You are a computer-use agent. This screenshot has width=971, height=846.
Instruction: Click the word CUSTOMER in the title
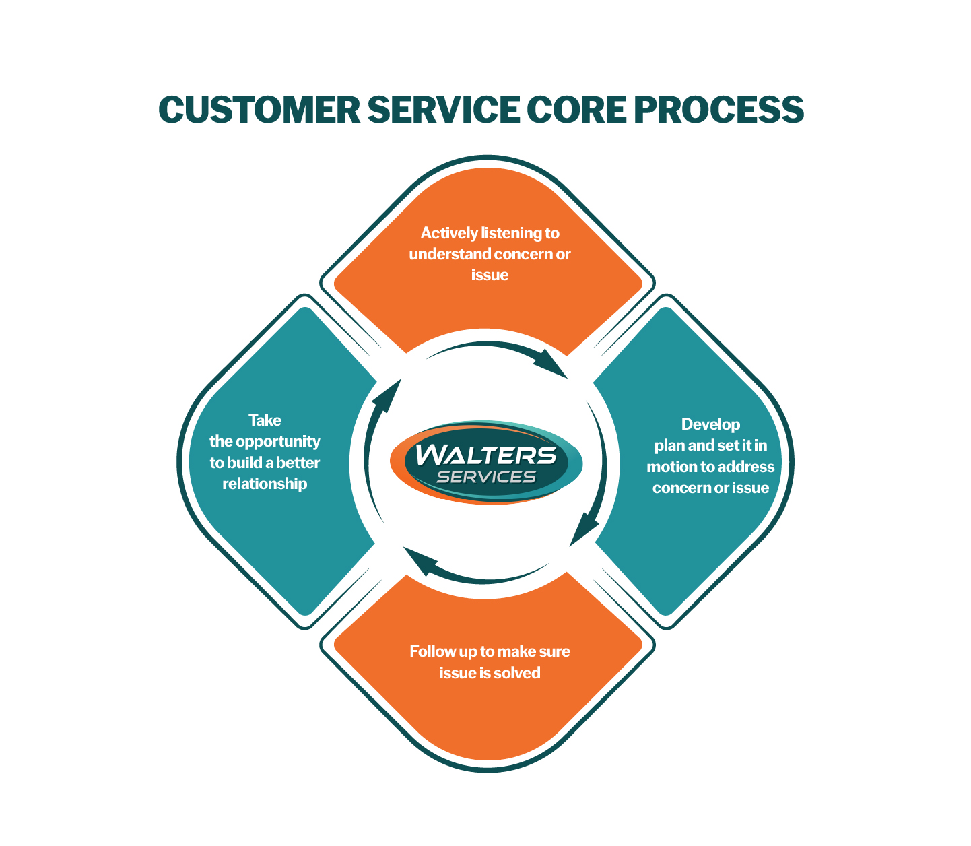(259, 110)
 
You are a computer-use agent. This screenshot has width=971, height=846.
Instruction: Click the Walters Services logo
(486, 463)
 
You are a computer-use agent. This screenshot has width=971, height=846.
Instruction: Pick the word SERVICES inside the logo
(486, 477)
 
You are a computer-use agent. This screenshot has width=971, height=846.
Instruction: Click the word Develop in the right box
(710, 424)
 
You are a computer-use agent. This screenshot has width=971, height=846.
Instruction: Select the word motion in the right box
(671, 467)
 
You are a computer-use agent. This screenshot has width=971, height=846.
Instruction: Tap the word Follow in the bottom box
(432, 651)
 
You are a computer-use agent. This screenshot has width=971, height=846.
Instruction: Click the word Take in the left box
(265, 420)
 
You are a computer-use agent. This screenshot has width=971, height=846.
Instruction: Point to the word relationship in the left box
(265, 484)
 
